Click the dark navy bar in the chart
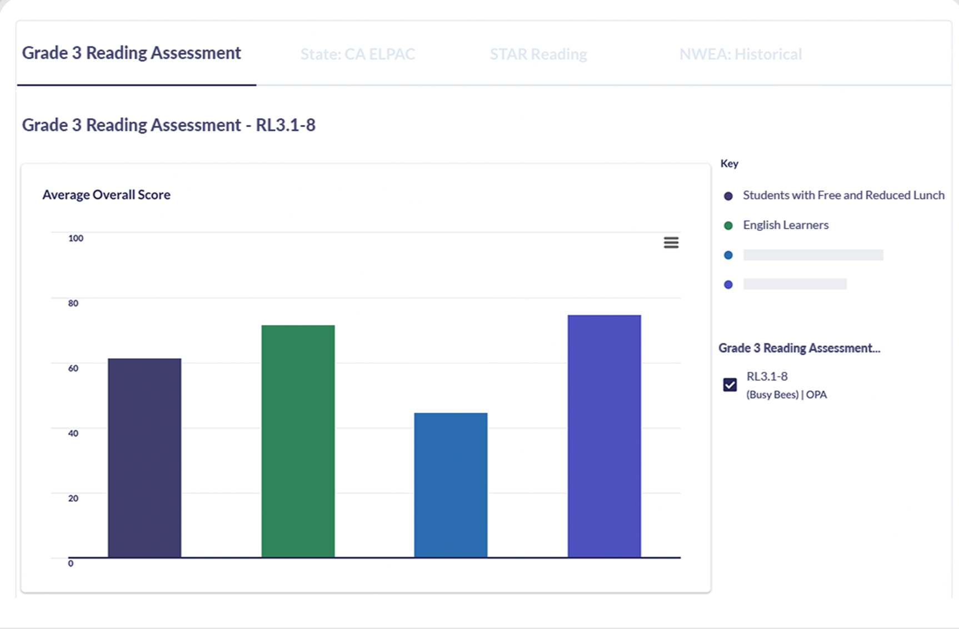coord(144,457)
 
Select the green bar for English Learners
coord(298,441)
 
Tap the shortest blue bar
coord(451,485)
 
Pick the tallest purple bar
coord(604,436)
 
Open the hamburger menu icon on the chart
coord(671,243)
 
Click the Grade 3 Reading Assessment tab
coord(132,53)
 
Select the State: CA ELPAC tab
coord(358,54)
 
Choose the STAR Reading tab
coord(538,54)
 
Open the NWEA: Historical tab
coord(740,54)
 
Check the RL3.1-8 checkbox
coord(730,385)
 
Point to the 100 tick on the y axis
coord(76,238)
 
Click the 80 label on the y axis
coord(73,303)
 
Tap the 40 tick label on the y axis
coord(73,433)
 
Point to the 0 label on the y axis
coord(71,563)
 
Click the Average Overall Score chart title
coord(106,195)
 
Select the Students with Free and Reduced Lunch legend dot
coord(728,196)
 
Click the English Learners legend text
coord(786,225)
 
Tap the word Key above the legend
coord(729,163)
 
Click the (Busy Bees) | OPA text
coord(786,395)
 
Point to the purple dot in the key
coord(728,285)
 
